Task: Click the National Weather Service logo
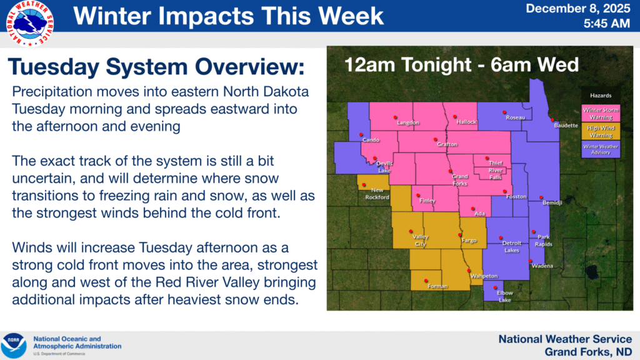coord(30,24)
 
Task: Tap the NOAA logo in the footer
coord(14,346)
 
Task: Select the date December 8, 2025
coord(578,9)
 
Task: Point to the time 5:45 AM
coord(606,24)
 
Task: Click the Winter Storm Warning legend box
coord(601,114)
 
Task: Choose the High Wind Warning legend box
coord(601,131)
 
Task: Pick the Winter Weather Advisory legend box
coord(601,149)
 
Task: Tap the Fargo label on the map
coord(469,241)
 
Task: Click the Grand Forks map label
coord(460,180)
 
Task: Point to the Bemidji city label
coord(552,202)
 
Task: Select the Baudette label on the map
coord(566,125)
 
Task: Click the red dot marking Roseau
coord(504,112)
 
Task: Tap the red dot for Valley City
coord(411,231)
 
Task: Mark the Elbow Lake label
coord(505,296)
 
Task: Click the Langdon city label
coord(408,122)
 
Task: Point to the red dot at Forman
coord(426,281)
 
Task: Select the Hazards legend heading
coord(601,96)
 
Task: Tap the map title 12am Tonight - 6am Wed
coord(462,65)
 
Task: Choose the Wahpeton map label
coord(484,276)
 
